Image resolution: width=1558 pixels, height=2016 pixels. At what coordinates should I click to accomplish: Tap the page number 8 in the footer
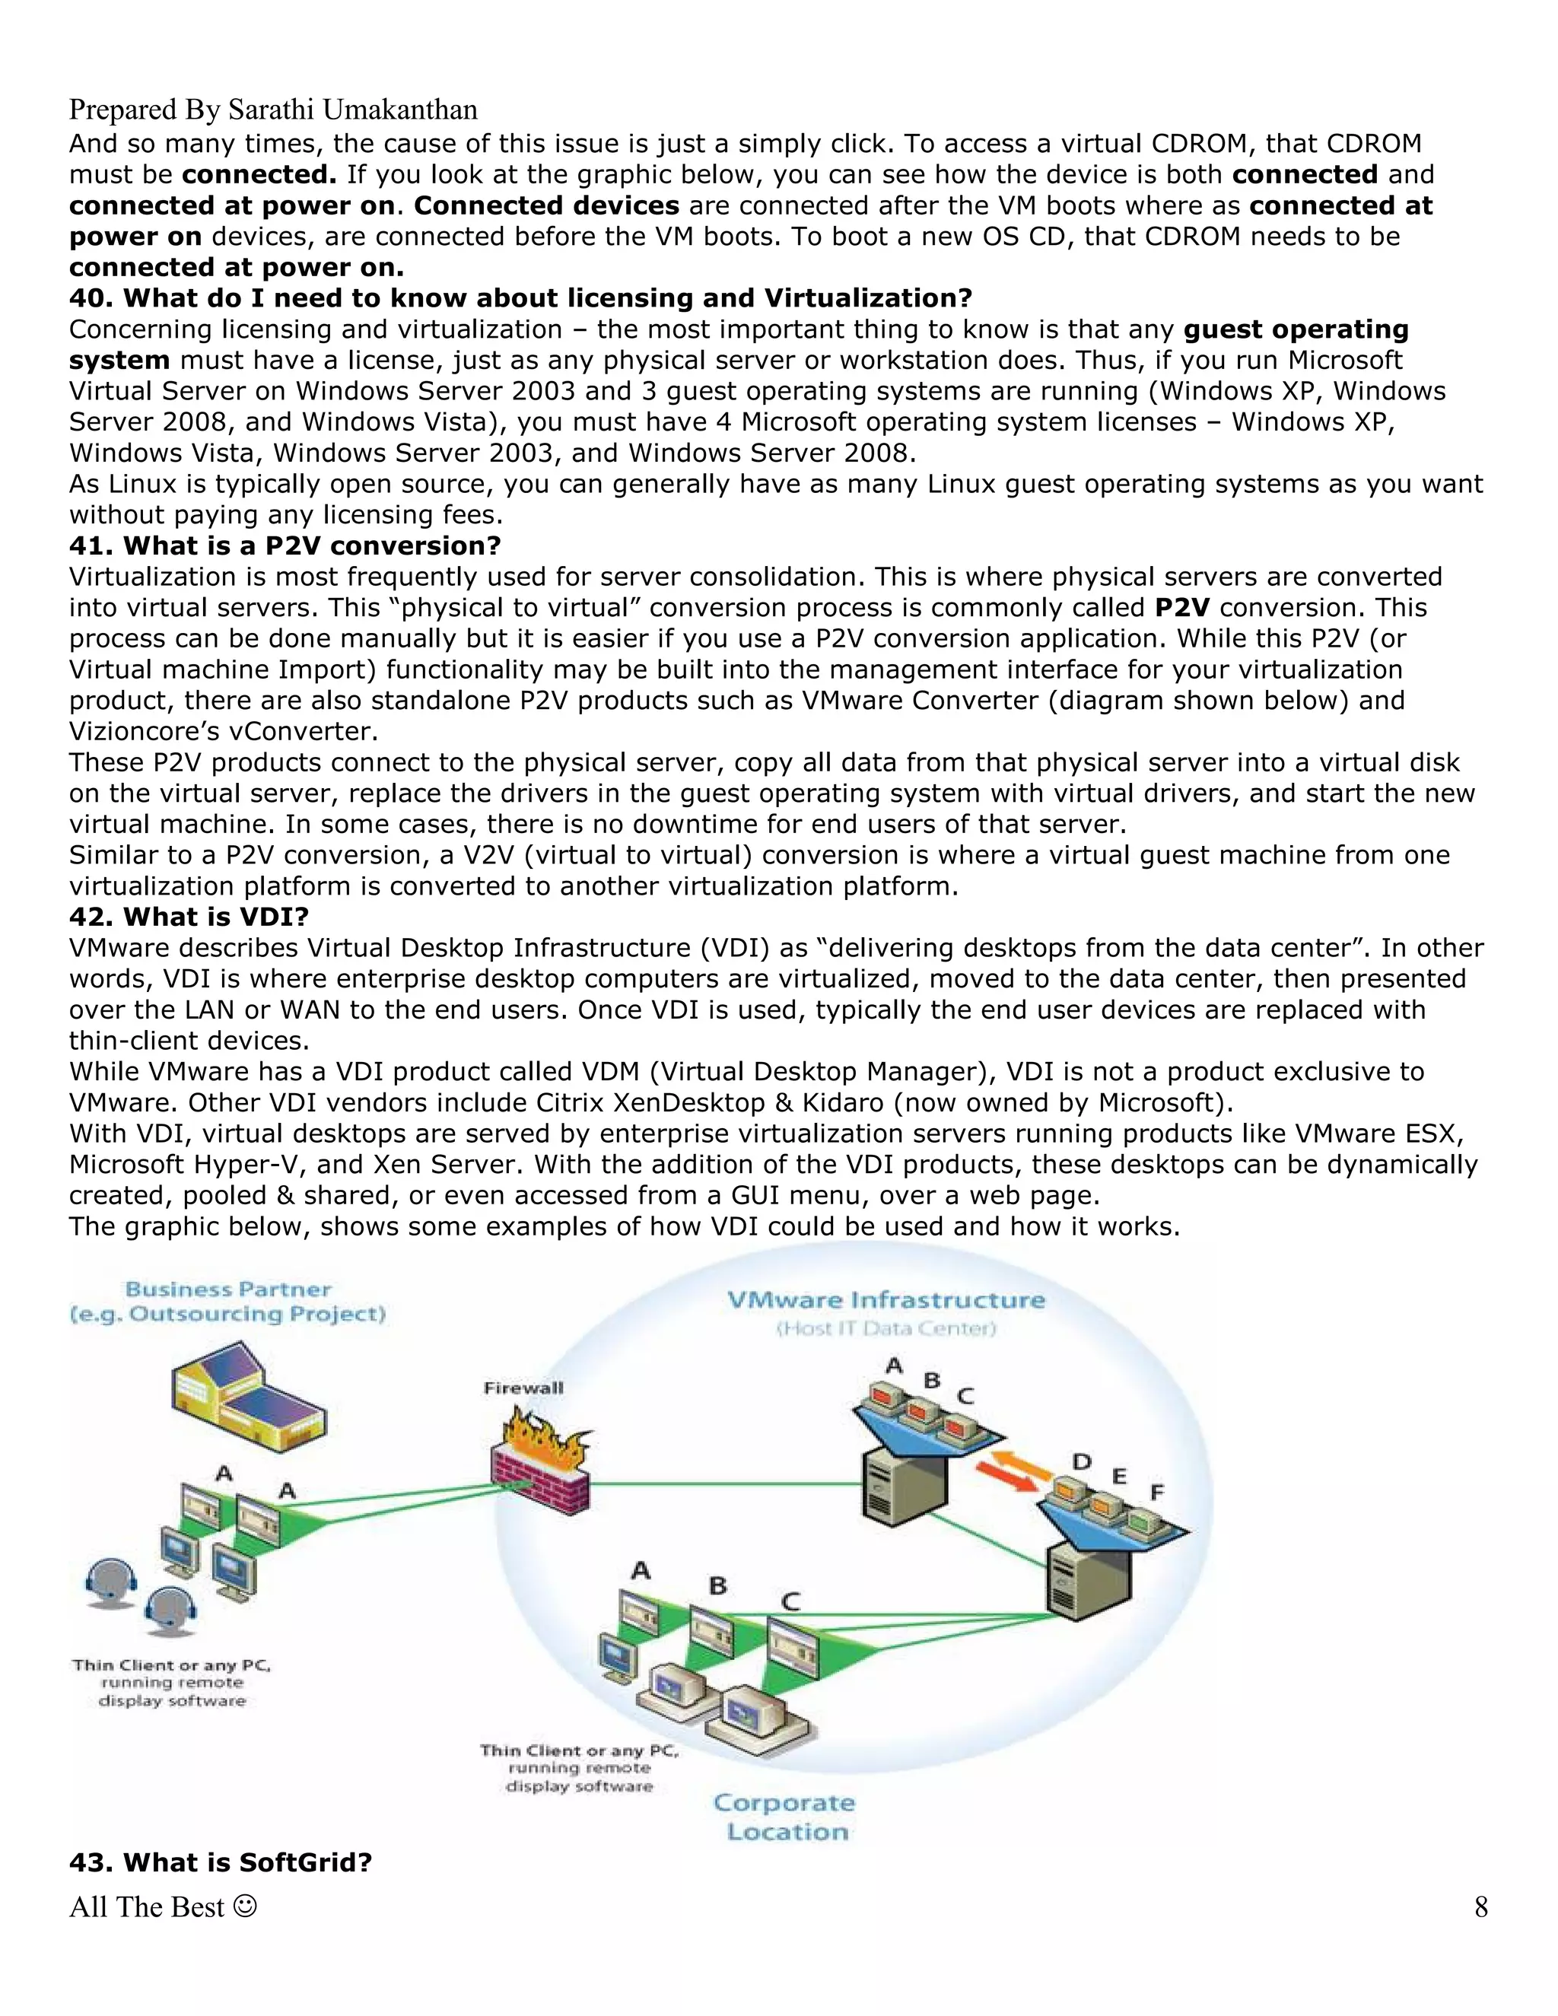click(x=1480, y=1907)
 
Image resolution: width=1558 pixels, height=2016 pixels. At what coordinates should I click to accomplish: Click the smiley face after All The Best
click(x=245, y=1906)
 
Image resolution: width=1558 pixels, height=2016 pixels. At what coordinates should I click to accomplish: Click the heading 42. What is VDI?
click(x=189, y=917)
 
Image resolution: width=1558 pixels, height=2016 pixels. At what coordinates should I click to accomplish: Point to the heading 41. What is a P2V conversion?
click(x=285, y=545)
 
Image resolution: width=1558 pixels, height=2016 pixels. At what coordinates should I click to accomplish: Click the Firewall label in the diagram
click(x=523, y=1388)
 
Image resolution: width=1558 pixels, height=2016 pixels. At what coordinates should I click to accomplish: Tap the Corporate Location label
click(x=784, y=1817)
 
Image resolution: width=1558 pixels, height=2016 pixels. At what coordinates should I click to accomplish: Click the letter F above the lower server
click(x=1156, y=1492)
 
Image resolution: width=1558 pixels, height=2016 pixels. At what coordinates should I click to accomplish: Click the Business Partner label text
click(x=228, y=1289)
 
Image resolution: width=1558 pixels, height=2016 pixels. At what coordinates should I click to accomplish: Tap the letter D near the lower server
click(x=1082, y=1462)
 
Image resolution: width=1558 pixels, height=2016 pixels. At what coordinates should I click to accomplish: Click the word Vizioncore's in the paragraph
click(x=140, y=731)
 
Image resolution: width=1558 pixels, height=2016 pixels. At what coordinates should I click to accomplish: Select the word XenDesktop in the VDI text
click(x=687, y=1102)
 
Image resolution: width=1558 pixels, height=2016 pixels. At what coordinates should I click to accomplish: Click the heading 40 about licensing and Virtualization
click(x=520, y=298)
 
